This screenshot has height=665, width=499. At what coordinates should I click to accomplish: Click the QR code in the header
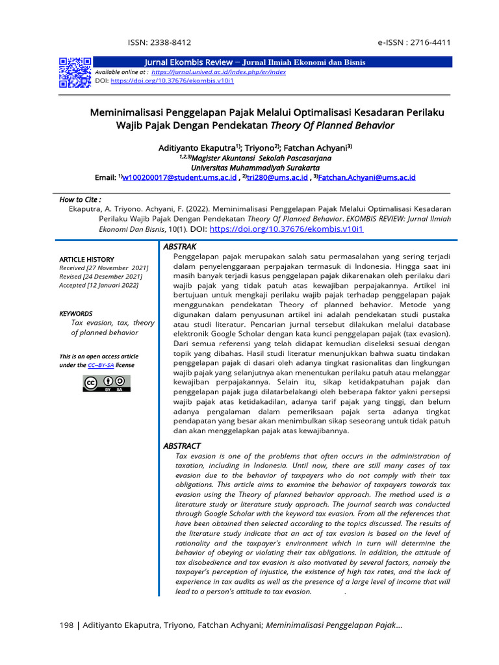click(x=75, y=72)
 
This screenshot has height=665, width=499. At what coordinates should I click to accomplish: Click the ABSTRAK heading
click(x=179, y=247)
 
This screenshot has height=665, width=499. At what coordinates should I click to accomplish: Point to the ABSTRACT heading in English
click(x=182, y=446)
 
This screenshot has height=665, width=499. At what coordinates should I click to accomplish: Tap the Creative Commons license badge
click(x=97, y=384)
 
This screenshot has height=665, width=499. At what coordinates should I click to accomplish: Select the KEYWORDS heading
click(x=76, y=314)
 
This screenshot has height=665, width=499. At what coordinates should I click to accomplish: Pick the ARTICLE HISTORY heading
click(x=86, y=259)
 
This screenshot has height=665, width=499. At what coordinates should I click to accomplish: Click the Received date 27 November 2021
click(x=104, y=268)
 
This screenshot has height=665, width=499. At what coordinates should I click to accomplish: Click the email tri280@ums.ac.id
click(x=275, y=177)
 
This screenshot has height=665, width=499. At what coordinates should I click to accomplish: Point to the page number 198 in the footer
click(x=66, y=625)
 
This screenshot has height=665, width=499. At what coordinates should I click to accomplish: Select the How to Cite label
click(x=80, y=199)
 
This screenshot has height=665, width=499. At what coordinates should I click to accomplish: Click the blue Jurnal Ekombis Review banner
click(x=273, y=62)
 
